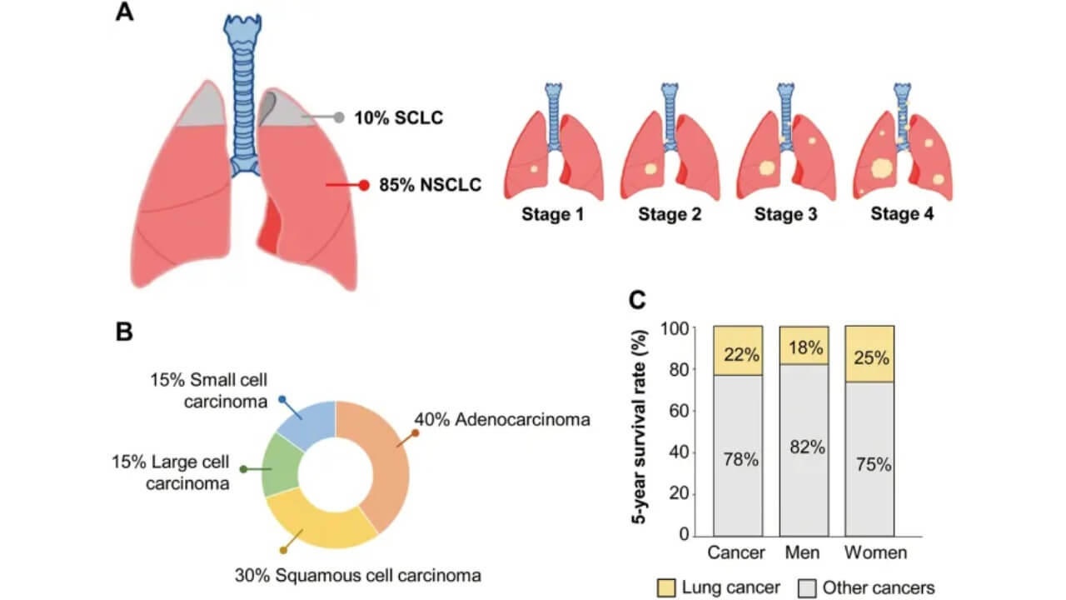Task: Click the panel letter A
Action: pos(125,15)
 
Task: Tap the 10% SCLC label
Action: pos(398,118)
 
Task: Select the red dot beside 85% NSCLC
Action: pos(364,185)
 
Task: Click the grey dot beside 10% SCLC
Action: pos(338,117)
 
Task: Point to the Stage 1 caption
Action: pos(553,214)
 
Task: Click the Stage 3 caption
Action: pos(785,214)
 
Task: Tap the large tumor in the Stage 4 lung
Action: pos(880,170)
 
